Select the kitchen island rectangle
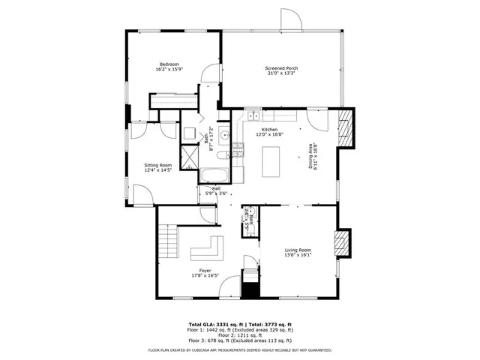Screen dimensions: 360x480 271,160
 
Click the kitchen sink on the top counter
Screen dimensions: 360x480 255,115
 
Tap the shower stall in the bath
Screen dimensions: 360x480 190,155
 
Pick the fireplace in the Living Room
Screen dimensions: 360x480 342,243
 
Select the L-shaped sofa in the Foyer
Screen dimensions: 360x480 207,248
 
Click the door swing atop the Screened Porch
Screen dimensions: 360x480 290,21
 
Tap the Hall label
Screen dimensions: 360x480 216,188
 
